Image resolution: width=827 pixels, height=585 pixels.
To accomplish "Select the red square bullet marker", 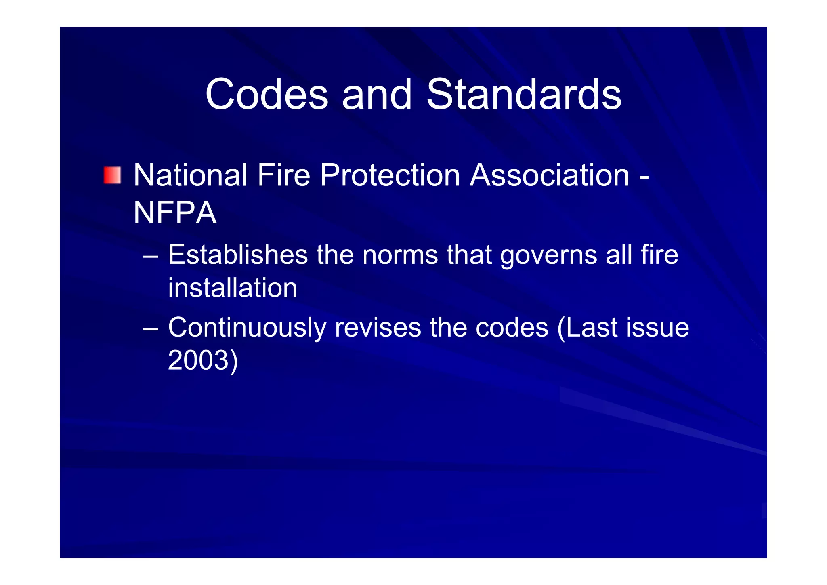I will [112, 175].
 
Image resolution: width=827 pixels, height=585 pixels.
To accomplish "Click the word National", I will [190, 175].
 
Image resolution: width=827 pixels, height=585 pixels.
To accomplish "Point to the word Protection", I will [390, 175].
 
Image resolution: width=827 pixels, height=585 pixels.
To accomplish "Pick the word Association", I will [550, 175].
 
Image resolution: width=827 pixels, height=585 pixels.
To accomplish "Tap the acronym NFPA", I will [175, 213].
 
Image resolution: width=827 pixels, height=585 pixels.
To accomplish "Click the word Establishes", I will [238, 255].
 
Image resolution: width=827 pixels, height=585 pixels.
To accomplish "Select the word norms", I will [400, 255].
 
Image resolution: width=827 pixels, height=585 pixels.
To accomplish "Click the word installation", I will [233, 288].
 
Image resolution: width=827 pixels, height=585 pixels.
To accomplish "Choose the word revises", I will [378, 327].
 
